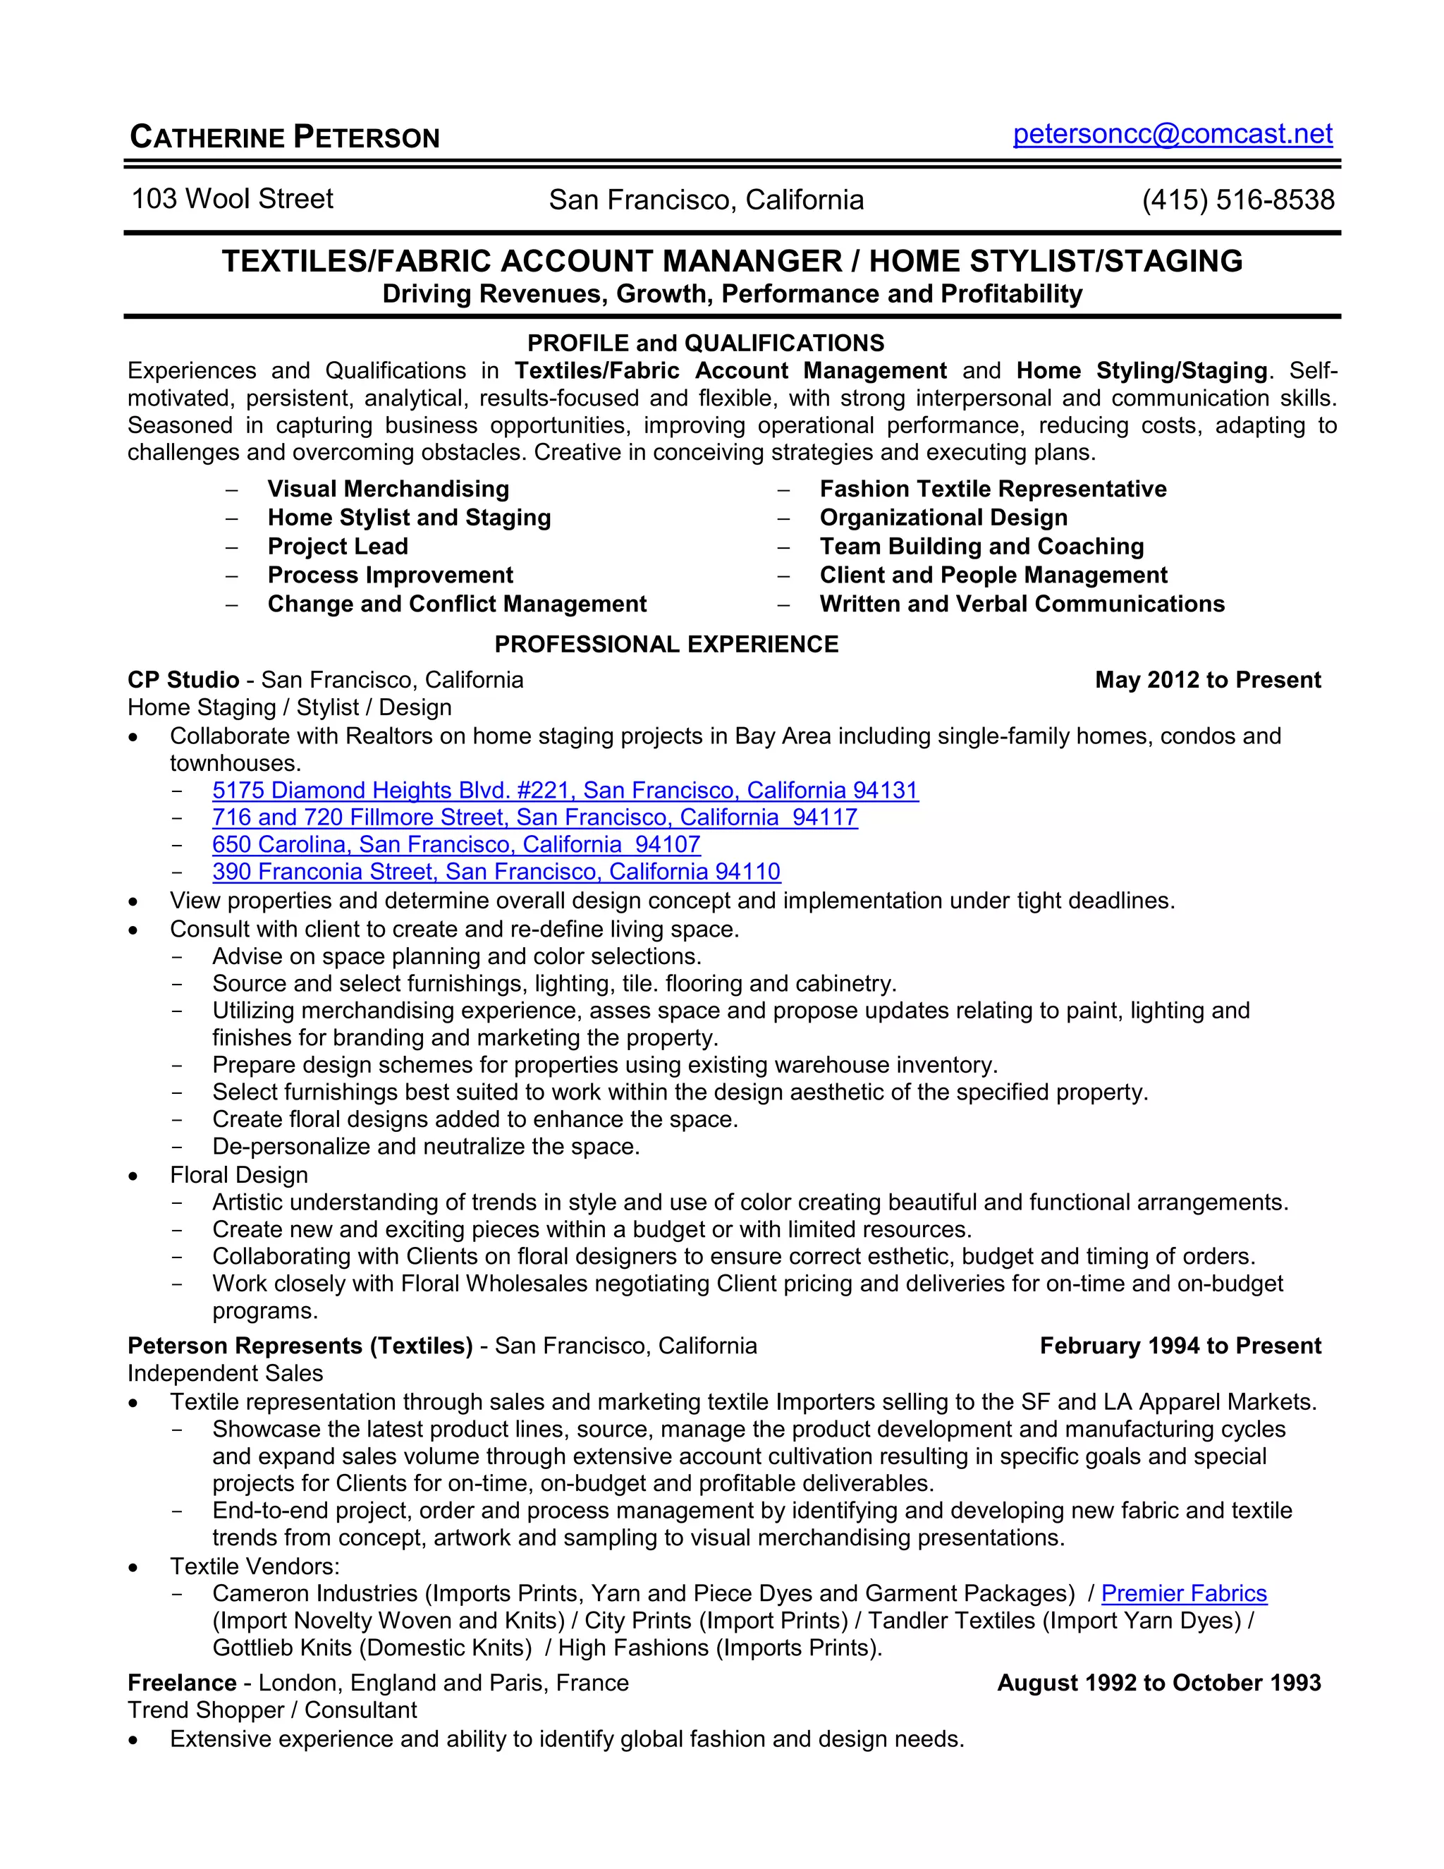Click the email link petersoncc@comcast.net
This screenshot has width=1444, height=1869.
(x=1172, y=134)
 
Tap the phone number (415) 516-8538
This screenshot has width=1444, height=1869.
(x=1237, y=200)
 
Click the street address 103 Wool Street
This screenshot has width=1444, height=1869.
(x=232, y=200)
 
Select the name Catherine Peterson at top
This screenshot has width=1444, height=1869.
(x=284, y=138)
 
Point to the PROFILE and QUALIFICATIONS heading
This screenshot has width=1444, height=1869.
(x=706, y=343)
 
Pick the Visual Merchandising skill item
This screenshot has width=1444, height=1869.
(x=388, y=489)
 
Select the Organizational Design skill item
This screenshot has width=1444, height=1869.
(x=943, y=518)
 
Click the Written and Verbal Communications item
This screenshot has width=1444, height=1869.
(x=1022, y=604)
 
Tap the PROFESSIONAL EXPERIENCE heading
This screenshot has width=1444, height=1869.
(x=666, y=645)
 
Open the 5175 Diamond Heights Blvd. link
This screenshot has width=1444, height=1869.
(x=565, y=791)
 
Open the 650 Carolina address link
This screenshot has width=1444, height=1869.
(x=456, y=845)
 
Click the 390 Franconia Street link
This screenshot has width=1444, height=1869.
(x=496, y=872)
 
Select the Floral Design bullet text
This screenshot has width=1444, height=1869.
(x=239, y=1175)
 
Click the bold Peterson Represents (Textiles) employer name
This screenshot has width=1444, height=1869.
(x=300, y=1346)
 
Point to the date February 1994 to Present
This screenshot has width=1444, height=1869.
(x=1180, y=1346)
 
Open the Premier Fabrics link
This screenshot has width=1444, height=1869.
(x=1183, y=1593)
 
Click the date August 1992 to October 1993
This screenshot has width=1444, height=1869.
(x=1158, y=1684)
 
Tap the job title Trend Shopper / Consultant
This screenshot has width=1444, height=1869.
(x=272, y=1711)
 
